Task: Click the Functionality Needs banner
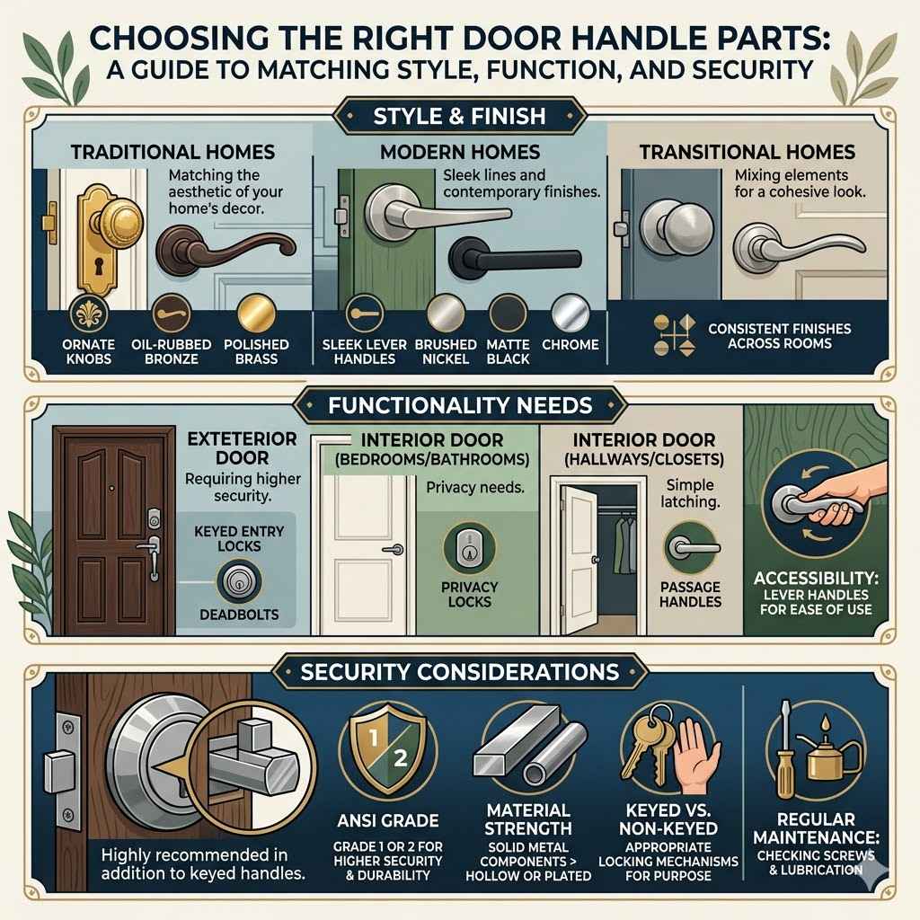459,405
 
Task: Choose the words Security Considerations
459,671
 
